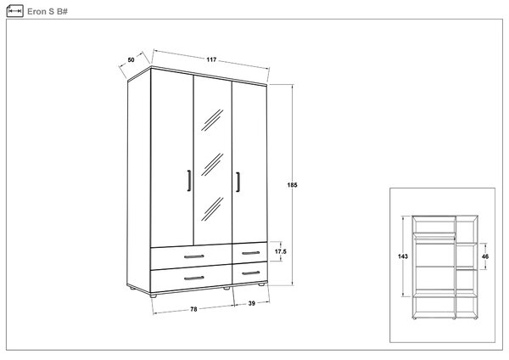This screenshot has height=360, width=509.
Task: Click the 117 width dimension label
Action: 211,59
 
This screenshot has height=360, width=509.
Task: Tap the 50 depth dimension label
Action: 131,59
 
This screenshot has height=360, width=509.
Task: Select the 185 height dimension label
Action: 292,185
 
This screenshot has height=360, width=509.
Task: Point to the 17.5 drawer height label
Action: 281,251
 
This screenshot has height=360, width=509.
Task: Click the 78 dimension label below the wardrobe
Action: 193,309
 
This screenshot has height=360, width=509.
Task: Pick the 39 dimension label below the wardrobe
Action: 252,303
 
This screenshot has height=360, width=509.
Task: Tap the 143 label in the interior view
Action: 403,256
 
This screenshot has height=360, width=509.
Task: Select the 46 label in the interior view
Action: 485,256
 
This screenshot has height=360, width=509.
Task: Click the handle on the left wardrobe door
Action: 189,181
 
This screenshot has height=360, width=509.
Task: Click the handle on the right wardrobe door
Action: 238,182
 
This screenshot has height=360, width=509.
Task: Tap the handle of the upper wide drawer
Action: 194,256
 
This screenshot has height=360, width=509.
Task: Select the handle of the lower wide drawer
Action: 194,278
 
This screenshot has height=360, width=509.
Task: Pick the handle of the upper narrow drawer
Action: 251,253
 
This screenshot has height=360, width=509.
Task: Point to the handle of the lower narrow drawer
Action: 251,273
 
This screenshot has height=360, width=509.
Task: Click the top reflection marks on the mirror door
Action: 212,120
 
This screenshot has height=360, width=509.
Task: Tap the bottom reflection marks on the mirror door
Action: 212,209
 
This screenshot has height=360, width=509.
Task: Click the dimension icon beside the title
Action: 15,11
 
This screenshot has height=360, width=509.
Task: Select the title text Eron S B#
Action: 48,11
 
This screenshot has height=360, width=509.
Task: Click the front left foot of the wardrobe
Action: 154,295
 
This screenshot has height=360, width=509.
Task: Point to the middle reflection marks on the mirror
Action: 212,165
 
